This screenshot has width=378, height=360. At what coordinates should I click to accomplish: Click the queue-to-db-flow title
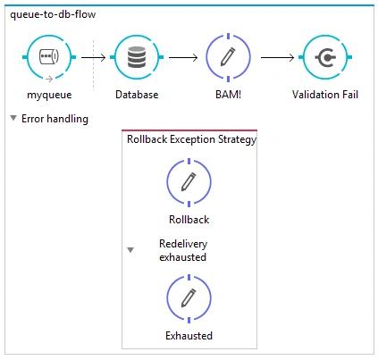[x=53, y=14]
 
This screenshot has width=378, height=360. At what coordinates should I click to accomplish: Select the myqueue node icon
[x=49, y=57]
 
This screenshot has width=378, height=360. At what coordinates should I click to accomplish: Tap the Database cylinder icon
[x=137, y=57]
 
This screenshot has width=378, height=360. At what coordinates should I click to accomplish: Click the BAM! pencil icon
[x=228, y=57]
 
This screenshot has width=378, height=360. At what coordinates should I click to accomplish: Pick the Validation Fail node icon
[x=325, y=57]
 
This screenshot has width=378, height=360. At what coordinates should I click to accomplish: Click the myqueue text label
[x=49, y=95]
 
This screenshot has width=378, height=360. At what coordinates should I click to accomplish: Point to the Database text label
[x=137, y=95]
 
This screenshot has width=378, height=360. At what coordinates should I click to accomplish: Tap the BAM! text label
[x=228, y=95]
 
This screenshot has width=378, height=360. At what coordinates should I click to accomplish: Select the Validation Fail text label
[x=325, y=95]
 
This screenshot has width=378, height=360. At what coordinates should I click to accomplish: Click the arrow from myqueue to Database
[x=94, y=57]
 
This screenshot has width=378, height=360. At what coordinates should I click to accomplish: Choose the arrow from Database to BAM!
[x=183, y=57]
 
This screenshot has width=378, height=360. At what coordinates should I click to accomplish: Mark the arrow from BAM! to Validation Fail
[x=277, y=57]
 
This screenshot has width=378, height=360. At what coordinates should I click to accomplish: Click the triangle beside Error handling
[x=13, y=118]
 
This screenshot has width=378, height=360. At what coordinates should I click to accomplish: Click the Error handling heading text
[x=55, y=119]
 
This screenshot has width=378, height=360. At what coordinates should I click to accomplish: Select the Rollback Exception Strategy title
[x=191, y=139]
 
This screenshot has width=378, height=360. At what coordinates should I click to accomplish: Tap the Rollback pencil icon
[x=189, y=181]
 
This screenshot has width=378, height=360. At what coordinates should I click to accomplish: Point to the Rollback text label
[x=189, y=220]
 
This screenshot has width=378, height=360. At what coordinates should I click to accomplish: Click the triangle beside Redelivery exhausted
[x=130, y=250]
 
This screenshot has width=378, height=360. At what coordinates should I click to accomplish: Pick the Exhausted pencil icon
[x=189, y=298]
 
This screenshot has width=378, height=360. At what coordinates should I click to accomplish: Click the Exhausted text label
[x=189, y=336]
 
